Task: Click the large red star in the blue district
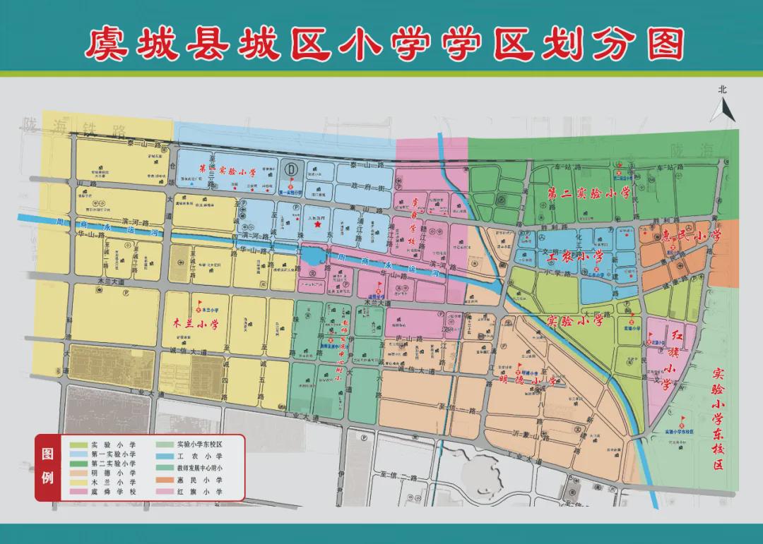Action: tap(318, 226)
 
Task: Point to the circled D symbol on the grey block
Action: tap(291, 169)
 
